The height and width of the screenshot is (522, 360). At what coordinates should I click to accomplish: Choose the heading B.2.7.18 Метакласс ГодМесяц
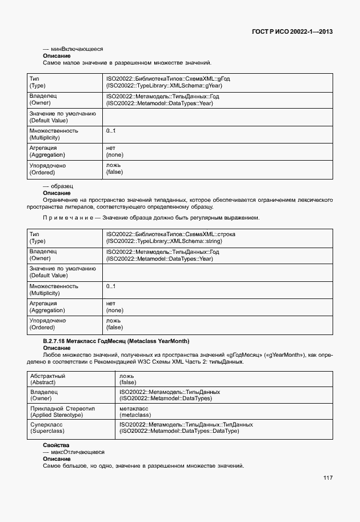pyautogui.click(x=115, y=341)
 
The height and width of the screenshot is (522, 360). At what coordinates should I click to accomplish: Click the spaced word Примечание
pyautogui.click(x=68, y=218)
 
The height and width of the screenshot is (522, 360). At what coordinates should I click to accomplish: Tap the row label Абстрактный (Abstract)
pyautogui.click(x=48, y=379)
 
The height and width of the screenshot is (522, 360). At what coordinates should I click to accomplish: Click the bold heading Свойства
pyautogui.click(x=56, y=445)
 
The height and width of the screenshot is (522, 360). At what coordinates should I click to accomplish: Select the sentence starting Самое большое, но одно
pyautogui.click(x=143, y=466)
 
